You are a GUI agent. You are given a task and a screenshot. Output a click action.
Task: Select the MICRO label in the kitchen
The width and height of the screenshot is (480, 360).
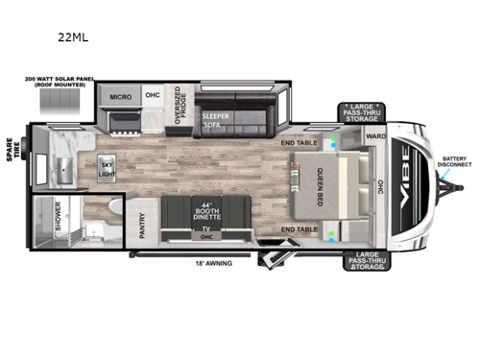[120, 97]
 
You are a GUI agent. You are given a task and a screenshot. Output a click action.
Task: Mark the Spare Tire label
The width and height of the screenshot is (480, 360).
[12, 152]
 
